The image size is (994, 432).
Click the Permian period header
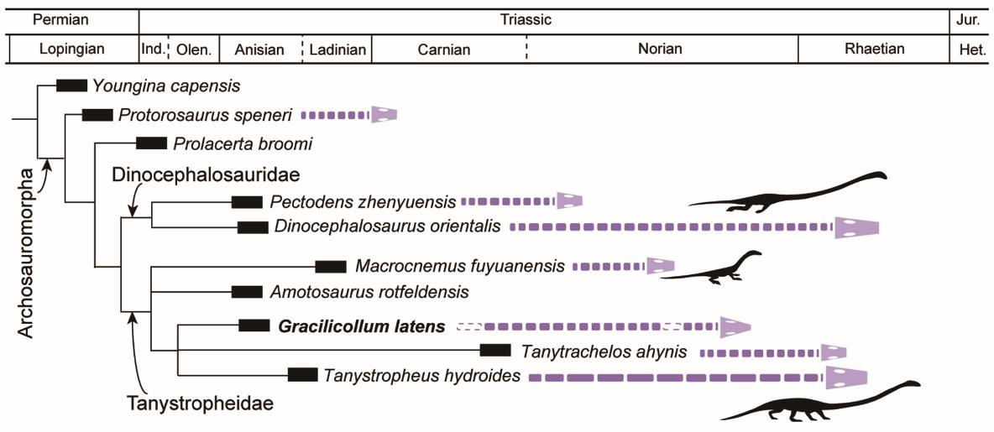(71, 18)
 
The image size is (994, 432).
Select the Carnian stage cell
(443, 49)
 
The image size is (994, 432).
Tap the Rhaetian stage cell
(875, 49)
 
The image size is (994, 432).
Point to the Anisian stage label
(259, 49)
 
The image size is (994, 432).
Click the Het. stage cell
(971, 49)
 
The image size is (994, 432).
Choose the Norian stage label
(660, 49)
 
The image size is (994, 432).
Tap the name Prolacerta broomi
(243, 143)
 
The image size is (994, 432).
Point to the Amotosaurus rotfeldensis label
(369, 292)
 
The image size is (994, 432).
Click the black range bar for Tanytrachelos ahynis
(495, 351)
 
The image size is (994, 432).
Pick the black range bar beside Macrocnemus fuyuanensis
(331, 267)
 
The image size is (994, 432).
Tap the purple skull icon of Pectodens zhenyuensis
(568, 201)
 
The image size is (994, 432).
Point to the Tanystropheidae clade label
(201, 402)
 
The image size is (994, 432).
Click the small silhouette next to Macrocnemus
(717, 268)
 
